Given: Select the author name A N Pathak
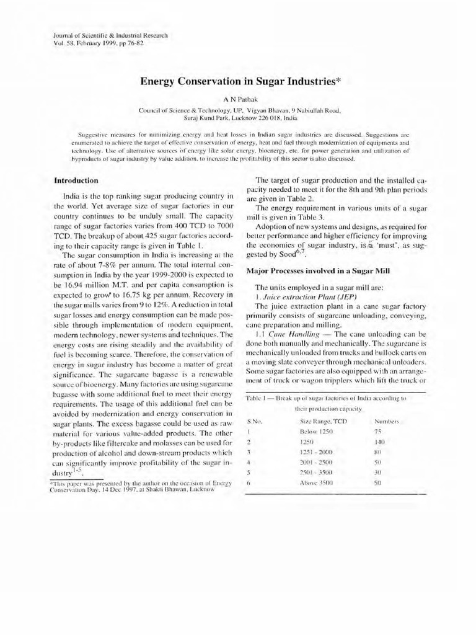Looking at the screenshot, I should tap(238, 98).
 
